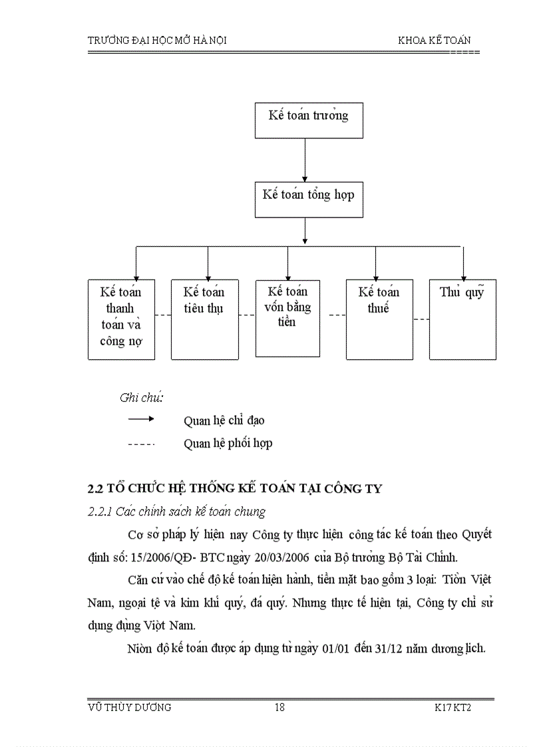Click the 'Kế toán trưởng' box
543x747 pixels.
pos(309,120)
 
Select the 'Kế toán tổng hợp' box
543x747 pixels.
pos(309,199)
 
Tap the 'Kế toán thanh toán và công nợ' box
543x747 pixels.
pos(121,319)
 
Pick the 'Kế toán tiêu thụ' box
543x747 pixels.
pos(204,319)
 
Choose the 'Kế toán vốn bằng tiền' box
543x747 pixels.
pos(287,318)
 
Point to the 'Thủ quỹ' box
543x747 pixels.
pos(462,319)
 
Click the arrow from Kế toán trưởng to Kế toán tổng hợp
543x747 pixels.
pos(305,160)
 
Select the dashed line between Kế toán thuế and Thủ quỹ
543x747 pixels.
pos(421,319)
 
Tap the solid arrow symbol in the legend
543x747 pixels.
pos(141,419)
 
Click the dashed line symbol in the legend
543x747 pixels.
pos(141,442)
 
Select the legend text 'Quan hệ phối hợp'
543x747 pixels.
pos(228,443)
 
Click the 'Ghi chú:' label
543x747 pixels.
pos(142,398)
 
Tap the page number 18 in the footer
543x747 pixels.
pos(279,708)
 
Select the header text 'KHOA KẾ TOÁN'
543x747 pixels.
pos(435,41)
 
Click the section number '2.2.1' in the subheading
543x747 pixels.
pos(100,512)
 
